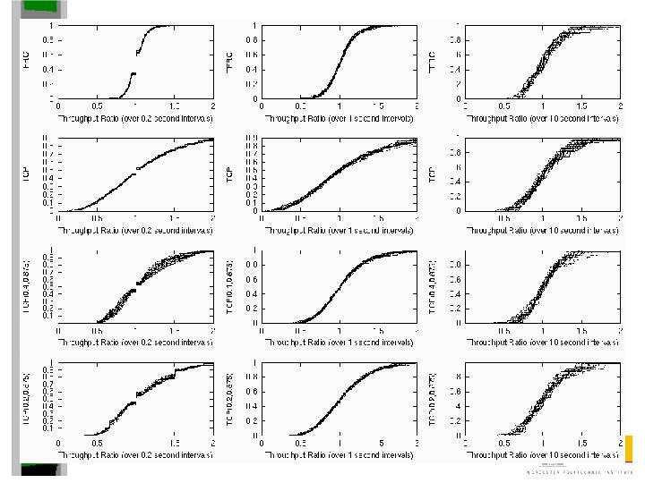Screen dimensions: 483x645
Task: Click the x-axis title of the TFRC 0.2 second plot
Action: click(x=136, y=117)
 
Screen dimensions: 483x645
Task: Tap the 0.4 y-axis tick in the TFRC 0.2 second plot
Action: click(x=50, y=69)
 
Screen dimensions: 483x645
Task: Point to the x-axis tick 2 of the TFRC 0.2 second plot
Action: click(x=212, y=106)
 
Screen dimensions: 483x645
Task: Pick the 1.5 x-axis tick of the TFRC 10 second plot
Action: click(x=580, y=106)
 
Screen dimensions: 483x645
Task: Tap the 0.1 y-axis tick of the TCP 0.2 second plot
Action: click(x=50, y=202)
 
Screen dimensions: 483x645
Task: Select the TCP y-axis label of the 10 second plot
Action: click(x=434, y=174)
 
